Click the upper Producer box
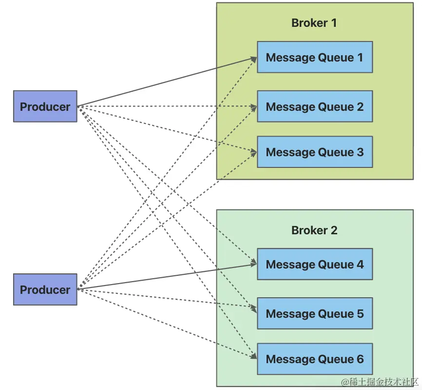45,106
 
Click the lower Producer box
45,289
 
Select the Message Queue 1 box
315,57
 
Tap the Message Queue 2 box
315,106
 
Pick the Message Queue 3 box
315,152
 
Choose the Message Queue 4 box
315,264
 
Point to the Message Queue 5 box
315,313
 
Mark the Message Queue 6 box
315,359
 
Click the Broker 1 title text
314,23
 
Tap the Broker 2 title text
314,230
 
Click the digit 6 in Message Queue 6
360,359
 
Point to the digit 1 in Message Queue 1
360,58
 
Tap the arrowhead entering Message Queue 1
254,59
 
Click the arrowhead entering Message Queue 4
254,264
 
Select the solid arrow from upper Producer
167,82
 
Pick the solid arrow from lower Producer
167,277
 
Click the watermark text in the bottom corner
380,382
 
